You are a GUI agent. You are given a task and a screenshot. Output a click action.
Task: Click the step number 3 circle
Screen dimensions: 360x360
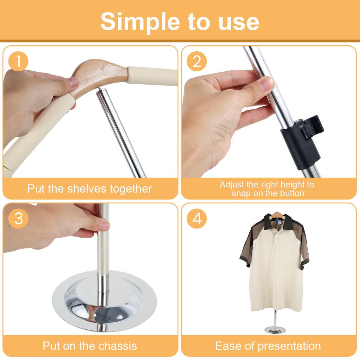click(x=19, y=218)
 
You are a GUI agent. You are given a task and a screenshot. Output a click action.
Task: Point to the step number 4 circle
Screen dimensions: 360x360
click(x=197, y=218)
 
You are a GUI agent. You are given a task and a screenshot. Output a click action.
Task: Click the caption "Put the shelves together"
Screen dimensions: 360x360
click(x=90, y=189)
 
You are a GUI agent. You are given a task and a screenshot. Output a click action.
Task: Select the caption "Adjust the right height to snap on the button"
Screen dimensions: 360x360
click(x=267, y=189)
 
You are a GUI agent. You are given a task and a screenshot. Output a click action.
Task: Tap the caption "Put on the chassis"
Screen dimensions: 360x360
click(x=90, y=346)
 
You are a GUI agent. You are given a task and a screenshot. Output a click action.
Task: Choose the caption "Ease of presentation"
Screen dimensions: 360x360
click(x=268, y=346)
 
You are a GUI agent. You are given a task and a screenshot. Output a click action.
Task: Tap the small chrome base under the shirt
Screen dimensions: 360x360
click(x=275, y=330)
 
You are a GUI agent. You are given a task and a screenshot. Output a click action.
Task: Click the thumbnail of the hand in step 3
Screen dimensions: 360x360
click(x=104, y=226)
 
